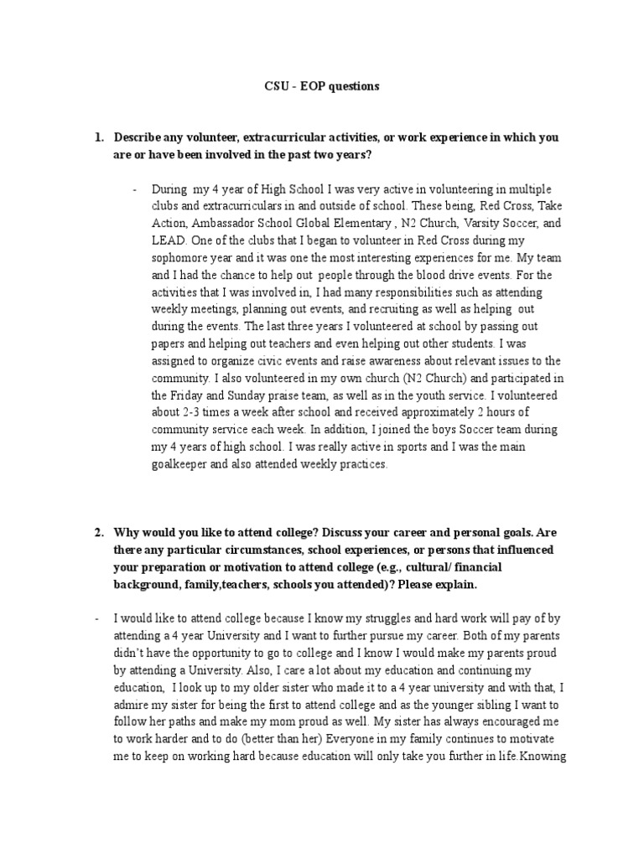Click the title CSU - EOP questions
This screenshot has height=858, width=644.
(x=321, y=85)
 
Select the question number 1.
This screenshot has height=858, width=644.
(x=98, y=137)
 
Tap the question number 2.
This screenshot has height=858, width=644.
(x=98, y=531)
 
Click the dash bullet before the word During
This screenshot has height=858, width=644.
(x=133, y=189)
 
